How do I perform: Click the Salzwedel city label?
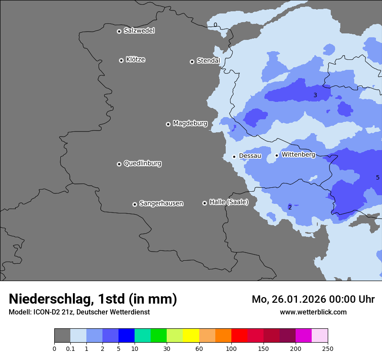click(139, 31)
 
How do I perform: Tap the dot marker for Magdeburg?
click(168, 124)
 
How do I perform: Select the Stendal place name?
click(208, 61)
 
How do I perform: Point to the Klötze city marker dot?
click(121, 60)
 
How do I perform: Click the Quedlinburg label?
click(142, 164)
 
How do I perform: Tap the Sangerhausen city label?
click(161, 203)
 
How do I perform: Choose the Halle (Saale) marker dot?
click(204, 203)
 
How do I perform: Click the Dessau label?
click(250, 156)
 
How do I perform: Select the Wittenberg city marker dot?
click(277, 155)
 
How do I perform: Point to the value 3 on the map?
click(315, 95)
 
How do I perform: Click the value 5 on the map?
click(377, 177)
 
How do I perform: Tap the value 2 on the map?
click(290, 207)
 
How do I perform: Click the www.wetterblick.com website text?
click(313, 312)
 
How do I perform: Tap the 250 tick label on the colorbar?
click(328, 348)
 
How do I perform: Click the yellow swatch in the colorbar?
click(191, 336)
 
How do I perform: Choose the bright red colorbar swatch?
click(239, 336)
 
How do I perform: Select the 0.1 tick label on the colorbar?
click(70, 348)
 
